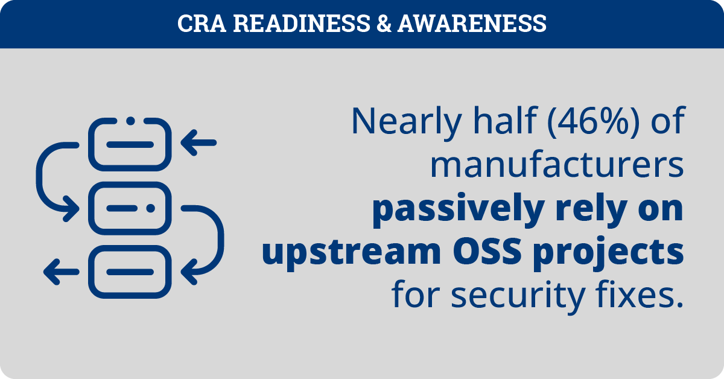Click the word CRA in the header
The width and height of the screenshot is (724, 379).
click(202, 24)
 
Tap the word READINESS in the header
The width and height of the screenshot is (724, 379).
click(302, 24)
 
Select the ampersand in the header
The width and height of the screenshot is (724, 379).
click(384, 24)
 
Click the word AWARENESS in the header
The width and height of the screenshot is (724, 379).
click(472, 24)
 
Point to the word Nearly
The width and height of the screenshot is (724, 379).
click(407, 122)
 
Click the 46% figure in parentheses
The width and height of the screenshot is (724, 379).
click(593, 121)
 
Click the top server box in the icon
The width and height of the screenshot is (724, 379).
click(130, 145)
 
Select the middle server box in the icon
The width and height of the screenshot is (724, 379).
click(130, 208)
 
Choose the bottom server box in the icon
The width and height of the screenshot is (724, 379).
click(130, 272)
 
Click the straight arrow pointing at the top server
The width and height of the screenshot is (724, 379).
click(198, 142)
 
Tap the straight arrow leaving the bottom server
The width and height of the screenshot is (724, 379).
click(62, 272)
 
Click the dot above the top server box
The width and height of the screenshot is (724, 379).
click(130, 121)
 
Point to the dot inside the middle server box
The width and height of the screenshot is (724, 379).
click(151, 208)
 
